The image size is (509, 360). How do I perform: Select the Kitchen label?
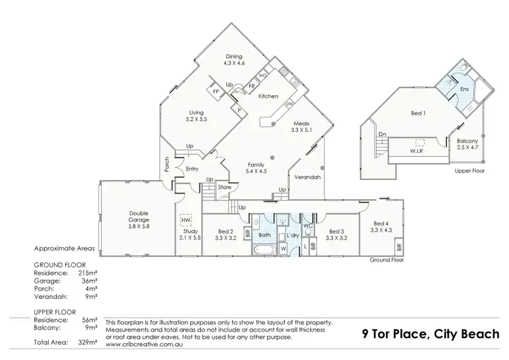point(268,96)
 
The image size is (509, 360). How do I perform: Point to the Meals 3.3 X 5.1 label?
point(301,126)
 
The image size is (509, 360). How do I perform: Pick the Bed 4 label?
point(381,227)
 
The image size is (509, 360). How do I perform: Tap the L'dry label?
point(293,235)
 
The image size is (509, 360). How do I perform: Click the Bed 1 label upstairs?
point(419,113)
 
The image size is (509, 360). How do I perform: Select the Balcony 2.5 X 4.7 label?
point(467,144)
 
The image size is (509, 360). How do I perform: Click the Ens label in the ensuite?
point(464,89)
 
